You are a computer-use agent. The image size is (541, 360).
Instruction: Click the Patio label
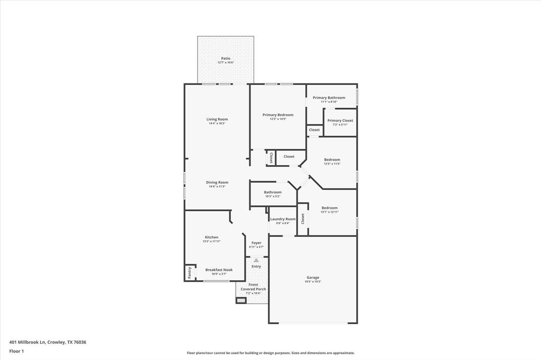[x=225, y=59]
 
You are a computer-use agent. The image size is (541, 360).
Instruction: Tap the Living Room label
[x=217, y=119]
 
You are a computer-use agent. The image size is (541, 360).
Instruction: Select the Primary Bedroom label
[x=278, y=115]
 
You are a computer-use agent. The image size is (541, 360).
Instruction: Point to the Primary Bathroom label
[x=329, y=98]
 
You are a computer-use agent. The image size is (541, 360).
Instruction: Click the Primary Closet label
[x=340, y=121]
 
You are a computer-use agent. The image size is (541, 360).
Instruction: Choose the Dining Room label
[x=217, y=183]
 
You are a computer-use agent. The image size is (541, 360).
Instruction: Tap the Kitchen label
[x=211, y=238]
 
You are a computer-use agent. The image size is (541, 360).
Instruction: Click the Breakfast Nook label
[x=219, y=270]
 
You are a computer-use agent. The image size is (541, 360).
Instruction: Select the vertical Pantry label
[x=190, y=272]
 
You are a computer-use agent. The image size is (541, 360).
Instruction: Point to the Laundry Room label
[x=283, y=219]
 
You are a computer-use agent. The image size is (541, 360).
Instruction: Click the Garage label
[x=313, y=278]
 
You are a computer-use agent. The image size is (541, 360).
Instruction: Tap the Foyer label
[x=256, y=243]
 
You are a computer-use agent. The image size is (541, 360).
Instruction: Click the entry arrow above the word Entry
[x=256, y=260]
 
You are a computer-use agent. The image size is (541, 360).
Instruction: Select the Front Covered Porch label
[x=253, y=287]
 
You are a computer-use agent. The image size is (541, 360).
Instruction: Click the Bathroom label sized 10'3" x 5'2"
[x=273, y=192]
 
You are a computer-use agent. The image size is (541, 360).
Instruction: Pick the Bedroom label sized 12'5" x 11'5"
[x=332, y=160]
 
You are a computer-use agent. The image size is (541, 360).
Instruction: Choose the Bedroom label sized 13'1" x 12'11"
[x=330, y=208]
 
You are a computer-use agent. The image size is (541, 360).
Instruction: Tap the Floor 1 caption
[x=17, y=351]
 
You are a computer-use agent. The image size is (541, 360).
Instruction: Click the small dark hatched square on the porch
[x=241, y=300]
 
